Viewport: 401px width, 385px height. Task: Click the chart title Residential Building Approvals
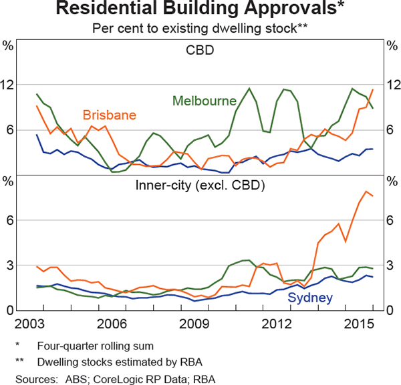point(200,10)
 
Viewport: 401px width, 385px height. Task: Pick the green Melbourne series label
point(205,101)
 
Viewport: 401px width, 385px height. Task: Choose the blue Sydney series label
point(309,297)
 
